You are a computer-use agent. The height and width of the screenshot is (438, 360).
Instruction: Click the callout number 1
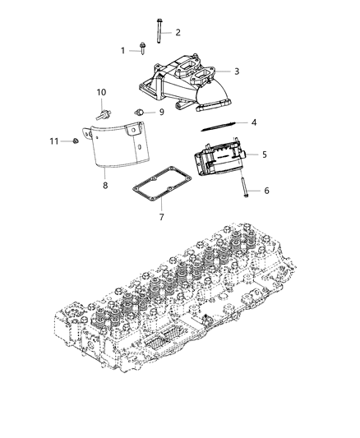click(123, 50)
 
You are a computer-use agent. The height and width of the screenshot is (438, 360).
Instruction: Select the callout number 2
click(178, 32)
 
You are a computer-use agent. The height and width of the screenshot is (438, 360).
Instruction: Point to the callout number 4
click(254, 122)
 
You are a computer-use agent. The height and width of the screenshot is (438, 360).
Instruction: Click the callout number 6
click(265, 190)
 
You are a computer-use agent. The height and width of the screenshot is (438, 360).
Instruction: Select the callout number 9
click(161, 111)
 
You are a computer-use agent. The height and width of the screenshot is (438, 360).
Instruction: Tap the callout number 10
click(102, 91)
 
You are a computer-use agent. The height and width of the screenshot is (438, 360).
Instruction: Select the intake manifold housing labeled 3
click(184, 82)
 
